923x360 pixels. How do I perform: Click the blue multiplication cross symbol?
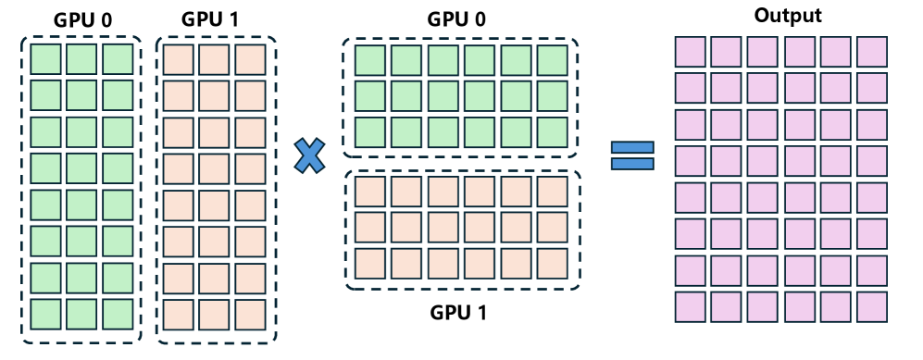(311, 155)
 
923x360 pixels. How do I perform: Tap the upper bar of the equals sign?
(633, 147)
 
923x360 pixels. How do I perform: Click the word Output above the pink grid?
(788, 16)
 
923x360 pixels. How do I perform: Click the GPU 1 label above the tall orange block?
(215, 19)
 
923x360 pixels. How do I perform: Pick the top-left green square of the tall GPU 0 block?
(45, 59)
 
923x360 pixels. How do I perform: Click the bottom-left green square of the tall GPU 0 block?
(45, 314)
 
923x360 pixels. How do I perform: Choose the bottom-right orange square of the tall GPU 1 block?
(250, 314)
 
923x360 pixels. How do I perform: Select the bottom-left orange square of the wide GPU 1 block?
(368, 263)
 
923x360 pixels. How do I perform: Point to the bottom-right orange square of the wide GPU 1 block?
(552, 263)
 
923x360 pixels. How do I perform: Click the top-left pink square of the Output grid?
(691, 51)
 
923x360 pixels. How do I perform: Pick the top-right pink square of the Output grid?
(872, 51)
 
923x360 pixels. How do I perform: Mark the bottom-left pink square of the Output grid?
(691, 306)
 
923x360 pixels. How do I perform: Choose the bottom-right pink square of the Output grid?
(872, 306)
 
